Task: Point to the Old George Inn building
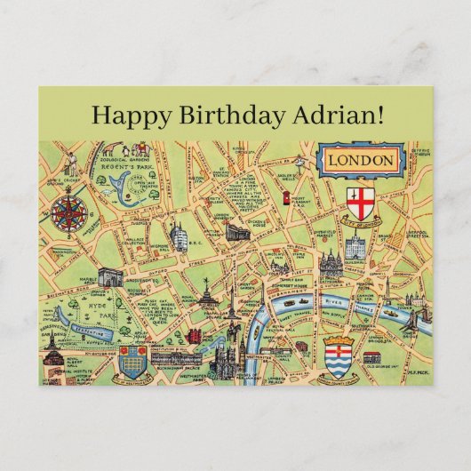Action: (x=371, y=357)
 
